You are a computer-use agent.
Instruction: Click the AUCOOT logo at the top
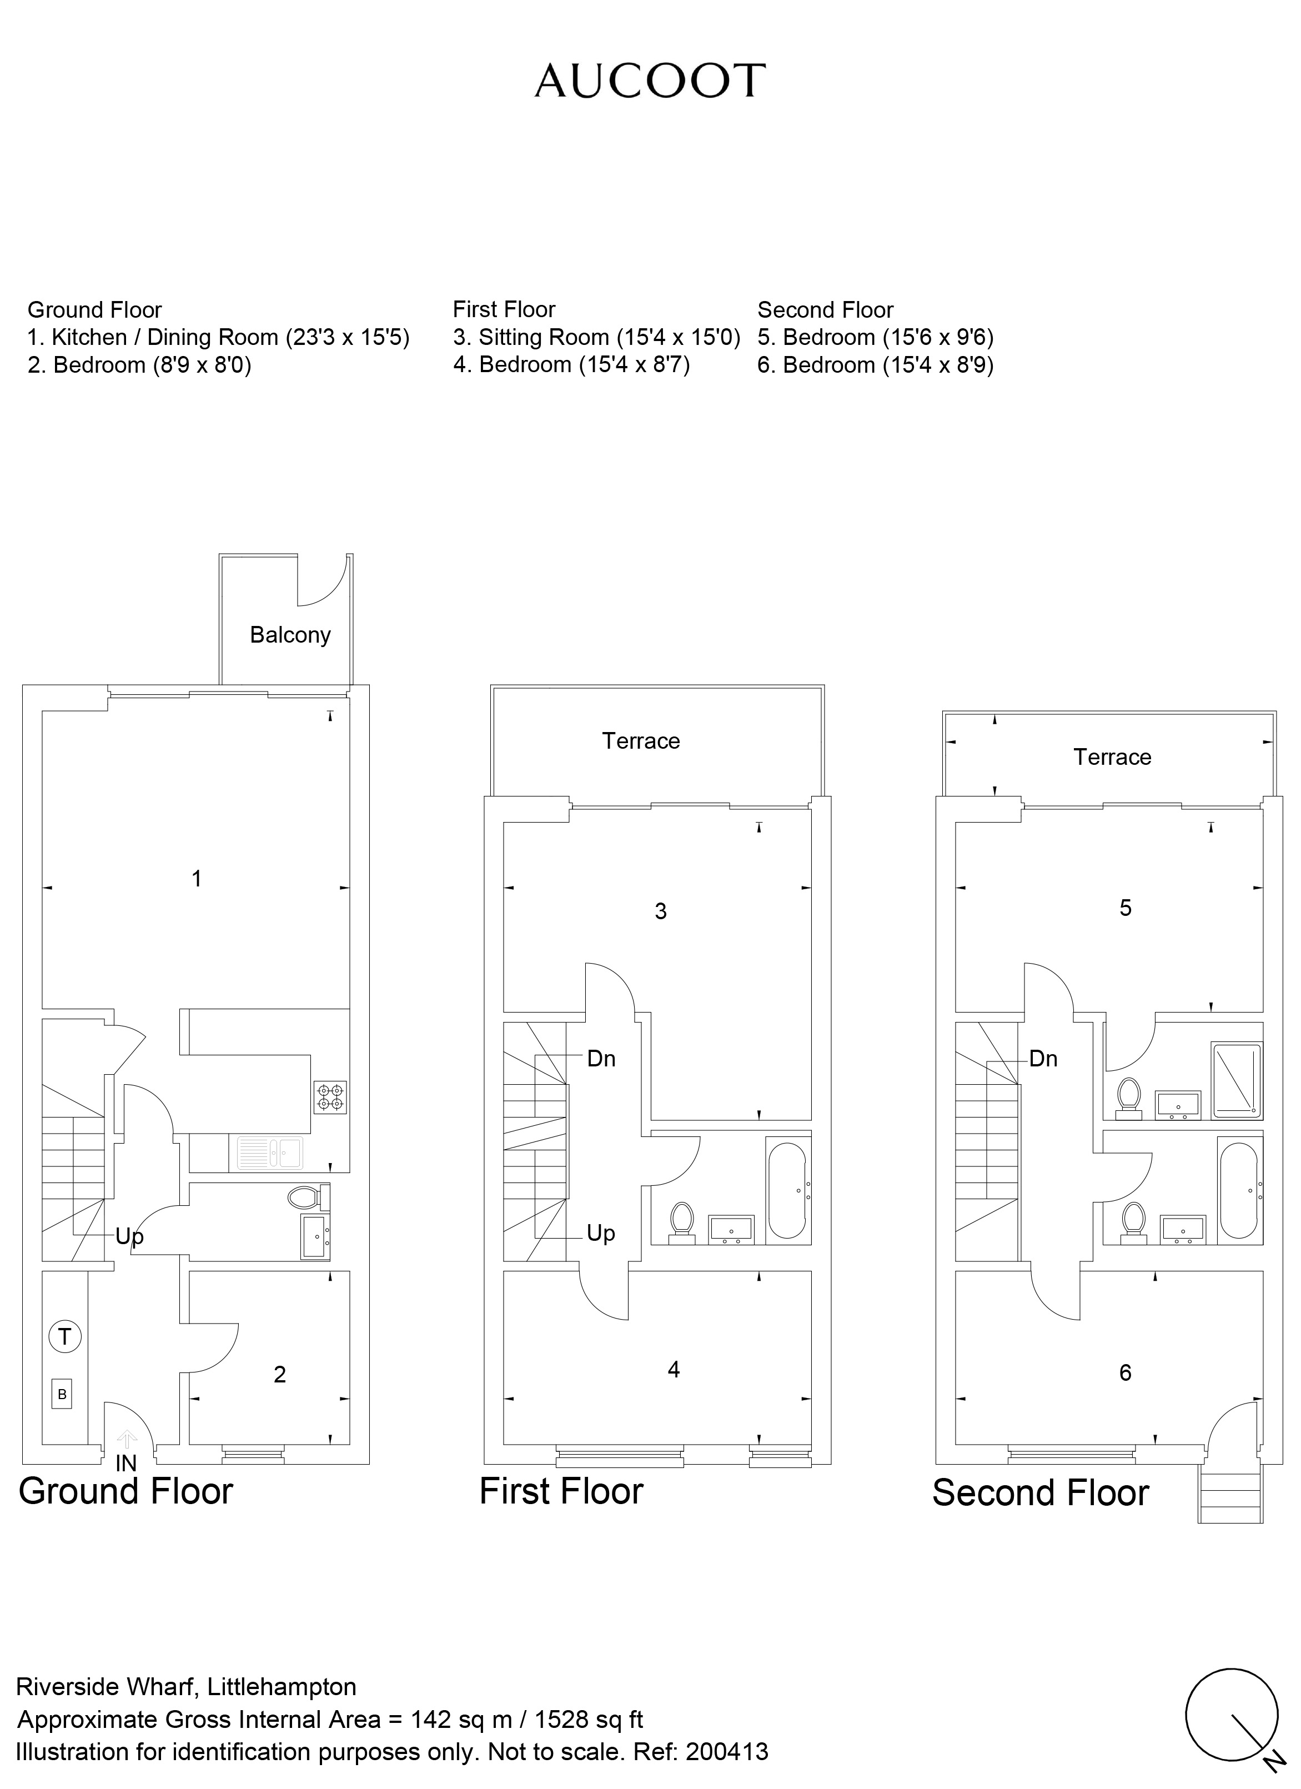(650, 81)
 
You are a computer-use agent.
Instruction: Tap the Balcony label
(290, 635)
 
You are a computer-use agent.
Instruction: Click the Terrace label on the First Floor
(640, 741)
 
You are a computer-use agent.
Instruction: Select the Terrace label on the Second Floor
(1112, 757)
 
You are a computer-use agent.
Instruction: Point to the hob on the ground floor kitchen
(330, 1096)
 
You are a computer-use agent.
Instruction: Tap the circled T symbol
(64, 1336)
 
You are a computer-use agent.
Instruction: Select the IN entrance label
(126, 1463)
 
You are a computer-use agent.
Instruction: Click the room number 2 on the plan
(279, 1374)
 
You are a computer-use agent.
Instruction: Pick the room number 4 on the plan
(674, 1369)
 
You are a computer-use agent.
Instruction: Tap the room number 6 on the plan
(1125, 1372)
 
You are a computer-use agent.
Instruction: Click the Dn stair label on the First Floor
(601, 1059)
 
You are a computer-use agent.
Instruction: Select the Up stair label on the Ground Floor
(129, 1236)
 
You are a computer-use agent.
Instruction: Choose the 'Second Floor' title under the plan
(1040, 1493)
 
